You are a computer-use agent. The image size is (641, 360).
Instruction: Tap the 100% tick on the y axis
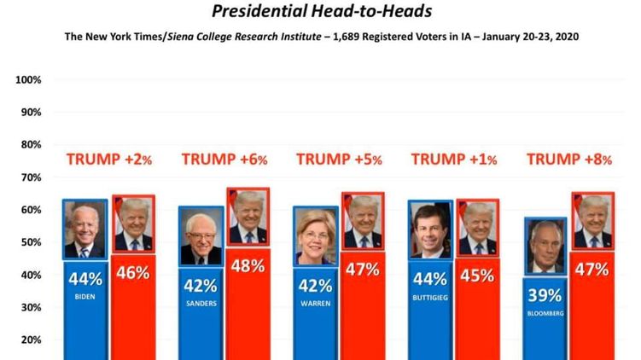tap(29, 80)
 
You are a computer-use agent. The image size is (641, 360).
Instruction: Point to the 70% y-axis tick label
tap(31, 177)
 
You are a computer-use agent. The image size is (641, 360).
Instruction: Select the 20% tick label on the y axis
tap(31, 340)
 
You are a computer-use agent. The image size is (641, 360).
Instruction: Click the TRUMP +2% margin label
tap(108, 159)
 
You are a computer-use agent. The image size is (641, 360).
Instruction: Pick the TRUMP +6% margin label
tap(224, 159)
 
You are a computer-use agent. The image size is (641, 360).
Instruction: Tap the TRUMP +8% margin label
tap(569, 159)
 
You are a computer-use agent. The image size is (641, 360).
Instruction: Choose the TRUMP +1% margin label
tap(454, 159)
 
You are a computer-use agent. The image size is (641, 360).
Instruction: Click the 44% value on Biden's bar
tap(85, 278)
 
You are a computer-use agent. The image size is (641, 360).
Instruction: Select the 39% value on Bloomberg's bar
tap(545, 295)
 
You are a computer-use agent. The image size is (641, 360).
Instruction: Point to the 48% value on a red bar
tap(248, 266)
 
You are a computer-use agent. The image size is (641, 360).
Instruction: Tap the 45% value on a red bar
tap(477, 275)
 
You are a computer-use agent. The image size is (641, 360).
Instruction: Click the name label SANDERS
tap(201, 303)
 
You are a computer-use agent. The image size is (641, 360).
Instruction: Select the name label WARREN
tap(316, 303)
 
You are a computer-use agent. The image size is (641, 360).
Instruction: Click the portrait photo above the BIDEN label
tap(85, 230)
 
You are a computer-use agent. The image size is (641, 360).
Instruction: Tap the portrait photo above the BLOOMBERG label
tap(545, 247)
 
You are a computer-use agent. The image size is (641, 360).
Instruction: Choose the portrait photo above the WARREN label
tap(316, 236)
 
